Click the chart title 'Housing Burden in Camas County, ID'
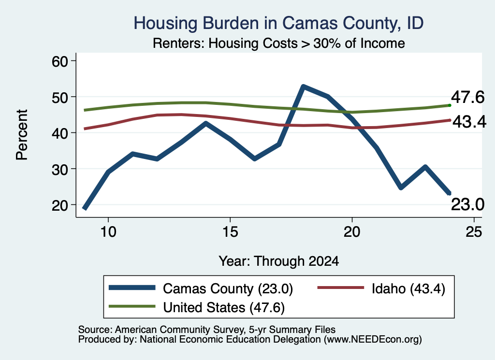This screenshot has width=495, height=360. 278,23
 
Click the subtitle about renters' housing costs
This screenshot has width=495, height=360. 279,43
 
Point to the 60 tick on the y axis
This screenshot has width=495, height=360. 60,61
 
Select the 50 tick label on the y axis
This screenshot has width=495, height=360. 60,97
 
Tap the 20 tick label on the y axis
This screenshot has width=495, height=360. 60,205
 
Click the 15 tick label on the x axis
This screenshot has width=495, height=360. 230,232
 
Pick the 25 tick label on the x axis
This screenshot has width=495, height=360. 474,232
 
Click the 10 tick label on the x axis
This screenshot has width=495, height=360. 108,232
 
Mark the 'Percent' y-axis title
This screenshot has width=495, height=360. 22,135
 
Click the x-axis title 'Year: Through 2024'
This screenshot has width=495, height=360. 279,261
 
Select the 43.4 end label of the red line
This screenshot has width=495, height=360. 469,122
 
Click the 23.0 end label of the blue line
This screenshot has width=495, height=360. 467,204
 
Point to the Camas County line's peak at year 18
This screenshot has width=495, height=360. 303,86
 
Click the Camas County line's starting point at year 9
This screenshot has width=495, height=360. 85,208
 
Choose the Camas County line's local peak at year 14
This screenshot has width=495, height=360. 206,123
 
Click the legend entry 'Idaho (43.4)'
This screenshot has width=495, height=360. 408,288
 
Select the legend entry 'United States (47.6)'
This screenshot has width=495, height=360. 224,307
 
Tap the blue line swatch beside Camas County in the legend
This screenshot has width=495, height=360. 132,288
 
